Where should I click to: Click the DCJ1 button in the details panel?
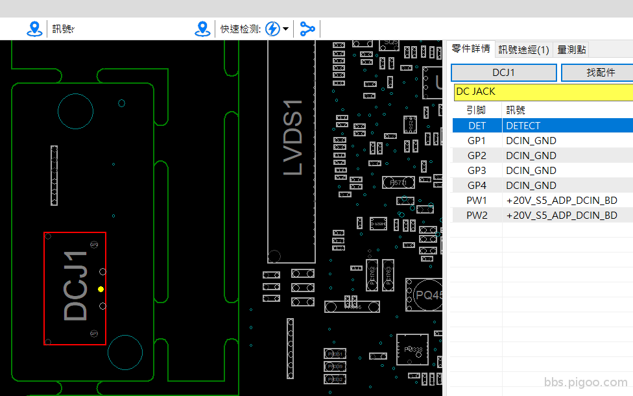[503, 73]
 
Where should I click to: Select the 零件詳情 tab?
[470, 49]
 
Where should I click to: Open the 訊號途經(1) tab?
[523, 49]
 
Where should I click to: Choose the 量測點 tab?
[572, 49]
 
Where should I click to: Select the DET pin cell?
[477, 126]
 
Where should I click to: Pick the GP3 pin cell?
[477, 171]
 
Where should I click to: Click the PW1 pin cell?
[477, 201]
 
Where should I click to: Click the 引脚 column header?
[477, 110]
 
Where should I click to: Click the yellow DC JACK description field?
[543, 92]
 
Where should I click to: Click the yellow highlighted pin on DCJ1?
[101, 288]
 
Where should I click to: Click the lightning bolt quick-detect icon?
[273, 29]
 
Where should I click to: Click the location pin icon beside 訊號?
[34, 29]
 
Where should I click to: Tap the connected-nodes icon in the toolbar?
[307, 29]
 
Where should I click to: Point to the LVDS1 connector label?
[293, 137]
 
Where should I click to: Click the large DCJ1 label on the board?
[76, 286]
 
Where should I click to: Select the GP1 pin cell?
[477, 141]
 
